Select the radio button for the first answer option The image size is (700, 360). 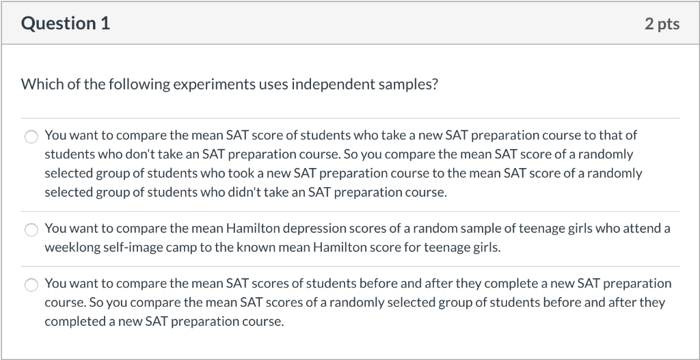click(x=31, y=137)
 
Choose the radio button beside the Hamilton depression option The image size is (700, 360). click(x=31, y=230)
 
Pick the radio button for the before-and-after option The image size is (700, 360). click(x=31, y=285)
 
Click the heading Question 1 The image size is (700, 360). click(x=65, y=23)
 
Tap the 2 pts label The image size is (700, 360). click(x=662, y=24)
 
